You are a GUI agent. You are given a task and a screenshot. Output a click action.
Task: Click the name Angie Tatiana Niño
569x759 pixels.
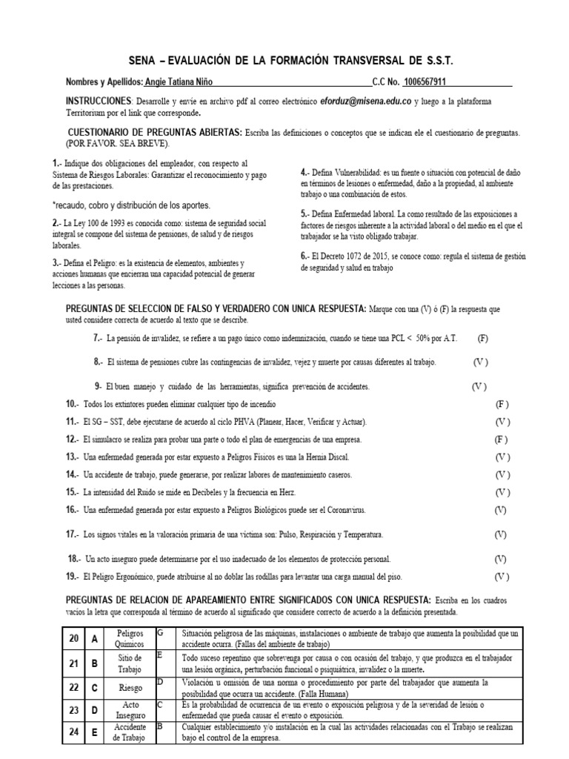179,82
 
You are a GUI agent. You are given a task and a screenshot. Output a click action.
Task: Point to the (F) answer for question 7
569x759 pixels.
482,338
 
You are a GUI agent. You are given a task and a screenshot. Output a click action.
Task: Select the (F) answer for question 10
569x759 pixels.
502,405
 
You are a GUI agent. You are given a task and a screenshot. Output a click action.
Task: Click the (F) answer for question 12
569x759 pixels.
501,440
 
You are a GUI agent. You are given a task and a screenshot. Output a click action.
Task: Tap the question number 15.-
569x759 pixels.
73,492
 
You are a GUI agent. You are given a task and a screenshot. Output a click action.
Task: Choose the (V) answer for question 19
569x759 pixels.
502,576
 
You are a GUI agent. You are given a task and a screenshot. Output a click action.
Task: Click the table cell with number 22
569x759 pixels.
73,687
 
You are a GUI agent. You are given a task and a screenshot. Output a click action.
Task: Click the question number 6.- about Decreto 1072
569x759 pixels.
305,256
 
